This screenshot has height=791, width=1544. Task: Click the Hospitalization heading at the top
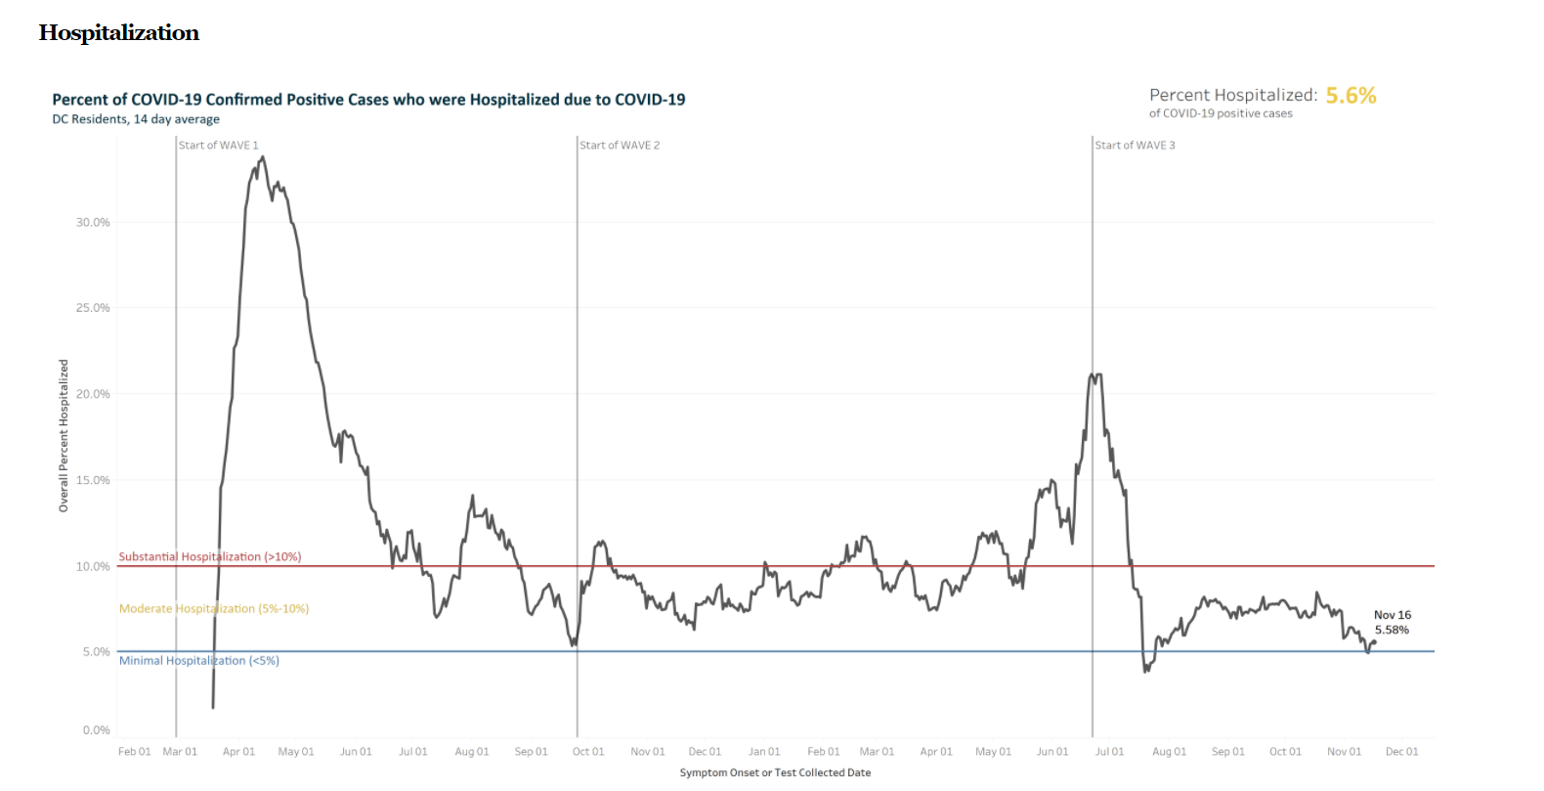pyautogui.click(x=118, y=33)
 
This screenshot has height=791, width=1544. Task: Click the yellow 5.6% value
pyautogui.click(x=1351, y=96)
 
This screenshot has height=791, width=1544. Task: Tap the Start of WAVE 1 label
pyautogui.click(x=219, y=146)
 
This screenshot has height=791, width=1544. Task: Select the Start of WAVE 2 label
pyautogui.click(x=620, y=146)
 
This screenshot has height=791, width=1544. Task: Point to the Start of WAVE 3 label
pyautogui.click(x=1135, y=146)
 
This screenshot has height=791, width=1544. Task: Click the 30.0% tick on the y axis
pyautogui.click(x=94, y=223)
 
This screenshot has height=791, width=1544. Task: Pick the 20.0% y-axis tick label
pyautogui.click(x=94, y=394)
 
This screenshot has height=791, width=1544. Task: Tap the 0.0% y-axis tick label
pyautogui.click(x=97, y=730)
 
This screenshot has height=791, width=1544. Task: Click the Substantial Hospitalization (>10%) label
pyautogui.click(x=210, y=557)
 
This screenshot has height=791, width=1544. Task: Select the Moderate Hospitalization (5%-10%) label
pyautogui.click(x=214, y=609)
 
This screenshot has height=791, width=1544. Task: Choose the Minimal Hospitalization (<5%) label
pyautogui.click(x=199, y=661)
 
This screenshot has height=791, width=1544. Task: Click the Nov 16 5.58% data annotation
pyautogui.click(x=1392, y=623)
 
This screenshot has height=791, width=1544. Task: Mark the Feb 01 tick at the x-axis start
pyautogui.click(x=135, y=752)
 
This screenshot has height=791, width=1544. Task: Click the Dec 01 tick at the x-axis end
pyautogui.click(x=1401, y=752)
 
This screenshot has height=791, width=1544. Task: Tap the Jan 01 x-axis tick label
pyautogui.click(x=764, y=752)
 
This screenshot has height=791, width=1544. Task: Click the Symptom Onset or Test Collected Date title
pyautogui.click(x=775, y=773)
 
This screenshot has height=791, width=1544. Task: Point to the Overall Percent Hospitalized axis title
pyautogui.click(x=64, y=436)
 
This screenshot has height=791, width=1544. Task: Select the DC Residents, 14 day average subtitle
pyautogui.click(x=136, y=119)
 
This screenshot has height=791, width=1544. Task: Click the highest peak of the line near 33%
pyautogui.click(x=262, y=157)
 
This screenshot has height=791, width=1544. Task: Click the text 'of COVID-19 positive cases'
pyautogui.click(x=1221, y=114)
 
